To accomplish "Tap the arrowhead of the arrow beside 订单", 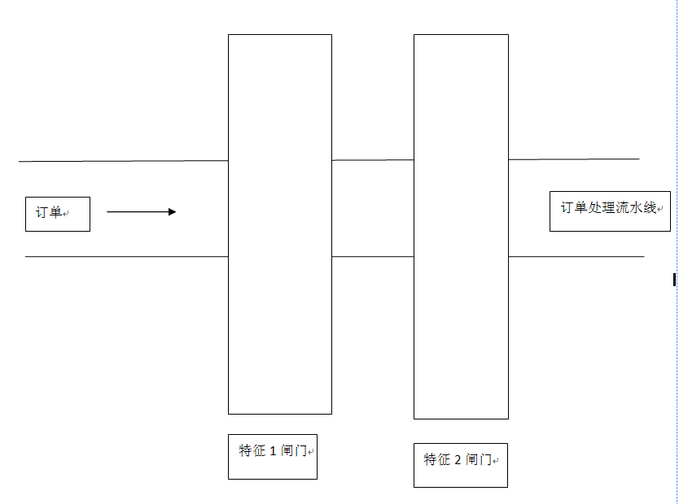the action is click(173, 212).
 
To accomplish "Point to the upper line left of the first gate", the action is click(124, 161).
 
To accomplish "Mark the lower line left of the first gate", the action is click(126, 257).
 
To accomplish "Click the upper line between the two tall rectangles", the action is click(373, 160).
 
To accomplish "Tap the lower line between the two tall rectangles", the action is click(373, 257).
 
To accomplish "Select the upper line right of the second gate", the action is click(574, 159).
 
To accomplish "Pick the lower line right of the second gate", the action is click(576, 257).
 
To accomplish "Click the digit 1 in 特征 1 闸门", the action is click(273, 451).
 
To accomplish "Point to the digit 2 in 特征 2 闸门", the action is click(458, 460).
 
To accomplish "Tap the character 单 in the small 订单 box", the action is click(55, 212).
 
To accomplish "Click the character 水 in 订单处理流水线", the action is click(636, 207).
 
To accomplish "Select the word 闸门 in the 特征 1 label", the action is click(294, 451).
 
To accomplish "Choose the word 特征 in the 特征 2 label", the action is click(437, 459).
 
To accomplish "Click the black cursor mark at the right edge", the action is click(674, 280).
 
